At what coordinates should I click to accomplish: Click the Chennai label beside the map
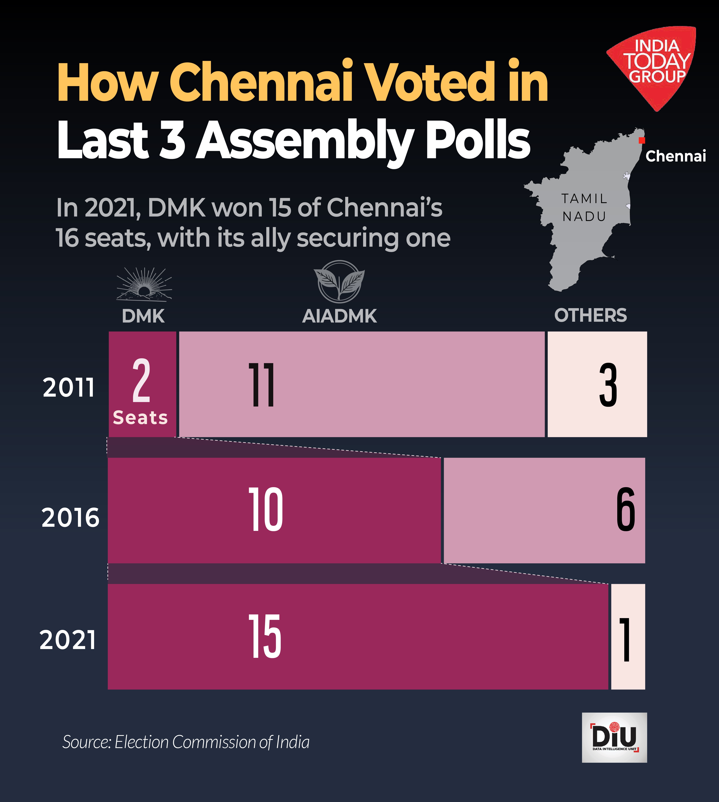(676, 156)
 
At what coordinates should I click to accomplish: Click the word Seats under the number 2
(140, 418)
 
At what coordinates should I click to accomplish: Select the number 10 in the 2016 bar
(265, 509)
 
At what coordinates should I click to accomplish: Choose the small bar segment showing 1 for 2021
(628, 637)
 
